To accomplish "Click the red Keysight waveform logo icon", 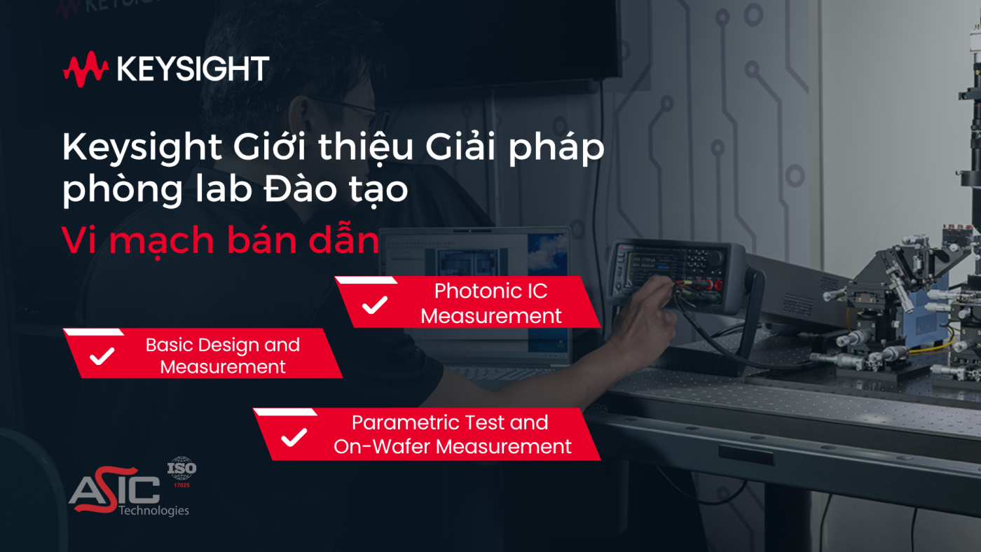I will click(85, 69).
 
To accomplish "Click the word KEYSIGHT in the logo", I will click(193, 69).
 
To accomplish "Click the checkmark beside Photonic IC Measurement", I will click(376, 305).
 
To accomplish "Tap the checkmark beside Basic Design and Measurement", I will click(102, 356).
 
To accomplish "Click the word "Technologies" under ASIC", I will click(153, 510).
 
